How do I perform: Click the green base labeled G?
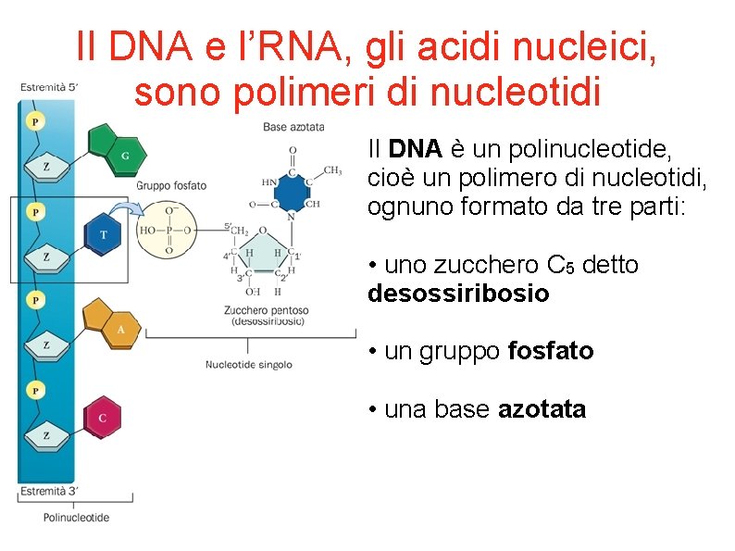coord(114,149)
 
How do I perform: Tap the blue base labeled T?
coord(103,233)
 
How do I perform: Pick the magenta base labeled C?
coord(101,418)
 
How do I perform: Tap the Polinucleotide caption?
coord(76,517)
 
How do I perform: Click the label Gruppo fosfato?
coord(171,185)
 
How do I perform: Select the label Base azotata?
coord(293,127)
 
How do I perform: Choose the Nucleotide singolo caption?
coord(248,364)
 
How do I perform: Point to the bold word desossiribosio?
coord(458,294)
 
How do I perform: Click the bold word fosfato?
coord(551,351)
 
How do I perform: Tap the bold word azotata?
coord(542,409)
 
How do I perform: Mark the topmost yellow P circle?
coord(34,121)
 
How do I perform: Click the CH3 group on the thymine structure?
coord(332,170)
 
